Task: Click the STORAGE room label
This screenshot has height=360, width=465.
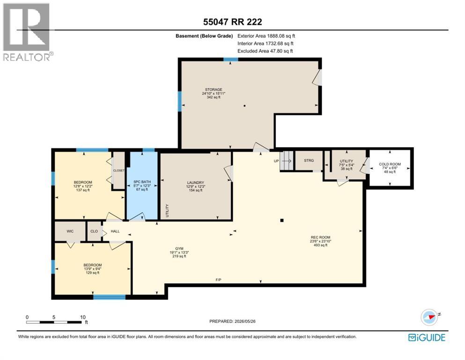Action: (x=214, y=90)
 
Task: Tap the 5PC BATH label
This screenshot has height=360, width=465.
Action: (x=142, y=181)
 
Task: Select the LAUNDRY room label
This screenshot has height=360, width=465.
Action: (x=195, y=182)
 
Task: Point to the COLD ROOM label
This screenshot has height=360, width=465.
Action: (x=390, y=164)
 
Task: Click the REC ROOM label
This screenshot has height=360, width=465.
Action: (x=320, y=238)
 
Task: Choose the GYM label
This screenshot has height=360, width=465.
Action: (x=179, y=249)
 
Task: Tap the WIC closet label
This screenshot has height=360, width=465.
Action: (x=70, y=231)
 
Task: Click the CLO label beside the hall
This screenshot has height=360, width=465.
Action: (x=94, y=231)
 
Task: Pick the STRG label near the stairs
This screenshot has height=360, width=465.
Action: (x=309, y=160)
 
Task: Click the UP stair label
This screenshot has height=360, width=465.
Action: (x=276, y=161)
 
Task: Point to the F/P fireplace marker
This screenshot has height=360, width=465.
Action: (x=218, y=280)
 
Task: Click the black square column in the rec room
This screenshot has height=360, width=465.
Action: (x=282, y=220)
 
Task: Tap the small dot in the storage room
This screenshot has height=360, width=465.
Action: (x=244, y=105)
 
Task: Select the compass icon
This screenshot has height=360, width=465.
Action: (x=429, y=317)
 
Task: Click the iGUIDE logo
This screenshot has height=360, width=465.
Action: (x=427, y=337)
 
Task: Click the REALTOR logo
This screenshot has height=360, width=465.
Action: (x=27, y=32)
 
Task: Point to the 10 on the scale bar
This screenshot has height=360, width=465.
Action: (x=83, y=317)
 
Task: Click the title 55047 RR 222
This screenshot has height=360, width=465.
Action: (x=232, y=22)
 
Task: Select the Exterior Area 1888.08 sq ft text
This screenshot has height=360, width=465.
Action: (x=266, y=36)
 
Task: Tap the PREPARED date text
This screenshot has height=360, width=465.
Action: (x=232, y=321)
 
